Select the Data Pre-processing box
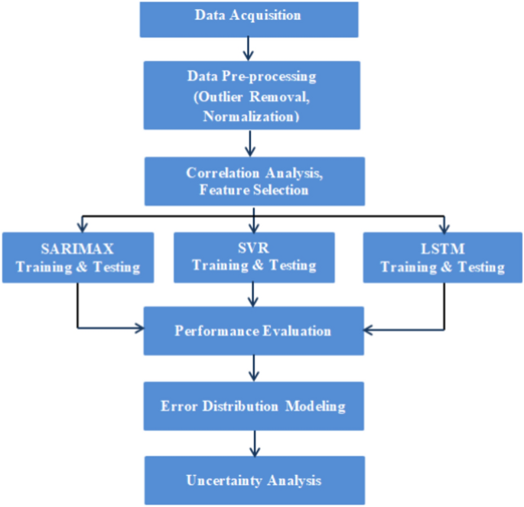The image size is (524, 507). click(252, 96)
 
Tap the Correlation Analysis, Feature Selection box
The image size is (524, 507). click(254, 180)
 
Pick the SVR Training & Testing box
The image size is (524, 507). click(253, 257)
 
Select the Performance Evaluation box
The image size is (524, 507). click(253, 331)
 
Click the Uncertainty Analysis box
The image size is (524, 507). click(253, 480)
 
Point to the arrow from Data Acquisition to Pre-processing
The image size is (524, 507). click(247, 48)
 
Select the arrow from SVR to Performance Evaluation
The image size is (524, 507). click(253, 294)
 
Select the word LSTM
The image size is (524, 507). click(442, 249)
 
